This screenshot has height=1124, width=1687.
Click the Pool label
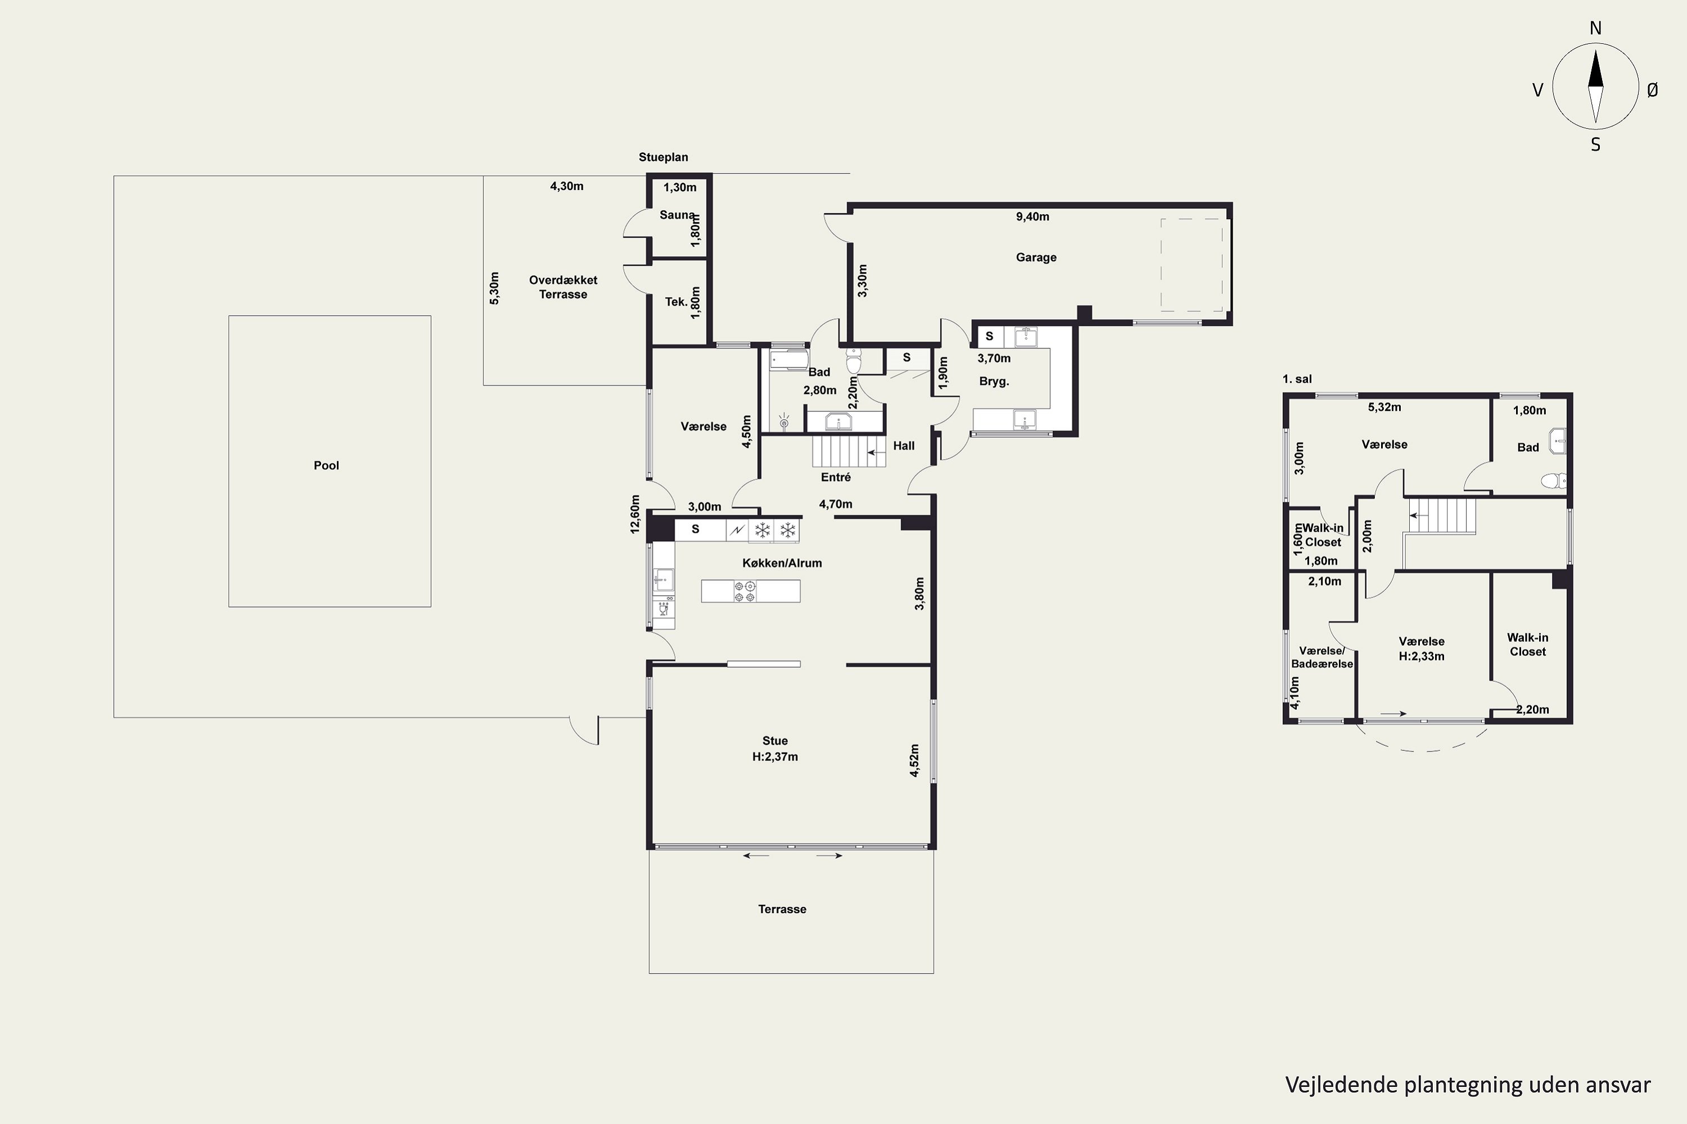click(326, 465)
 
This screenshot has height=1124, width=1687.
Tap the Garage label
click(1036, 257)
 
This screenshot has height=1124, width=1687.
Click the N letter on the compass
click(1595, 28)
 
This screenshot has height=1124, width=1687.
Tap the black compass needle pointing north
click(1595, 68)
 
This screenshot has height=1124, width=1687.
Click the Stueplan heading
click(664, 157)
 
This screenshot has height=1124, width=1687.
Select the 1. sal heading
click(1297, 379)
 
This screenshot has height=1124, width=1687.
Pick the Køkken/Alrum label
click(782, 564)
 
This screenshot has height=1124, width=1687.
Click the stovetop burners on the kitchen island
click(745, 591)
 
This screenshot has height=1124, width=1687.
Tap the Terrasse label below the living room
click(782, 909)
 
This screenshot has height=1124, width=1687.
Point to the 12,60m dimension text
click(635, 515)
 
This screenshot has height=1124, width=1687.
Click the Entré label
click(836, 477)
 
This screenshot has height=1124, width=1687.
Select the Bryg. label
click(994, 382)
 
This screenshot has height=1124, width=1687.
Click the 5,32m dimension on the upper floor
click(1384, 407)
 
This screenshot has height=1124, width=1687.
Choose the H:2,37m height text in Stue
click(775, 756)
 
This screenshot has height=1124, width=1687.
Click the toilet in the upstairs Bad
click(1555, 481)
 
